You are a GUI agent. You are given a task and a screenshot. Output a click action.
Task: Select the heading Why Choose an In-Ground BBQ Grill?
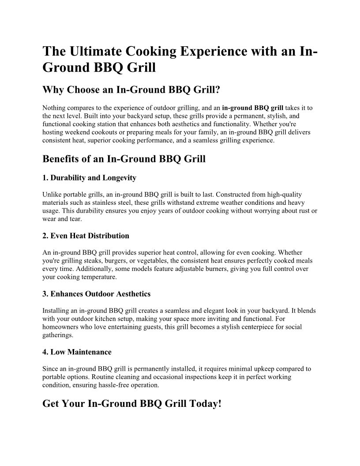point(131,90)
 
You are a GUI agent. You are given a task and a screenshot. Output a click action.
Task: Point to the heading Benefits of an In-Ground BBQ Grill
point(124,158)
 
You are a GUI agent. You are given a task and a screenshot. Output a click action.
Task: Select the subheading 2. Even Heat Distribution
point(86,236)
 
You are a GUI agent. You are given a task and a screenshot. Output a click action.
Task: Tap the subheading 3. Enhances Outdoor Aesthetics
point(96,294)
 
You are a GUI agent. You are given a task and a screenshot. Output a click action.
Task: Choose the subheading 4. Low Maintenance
point(77,352)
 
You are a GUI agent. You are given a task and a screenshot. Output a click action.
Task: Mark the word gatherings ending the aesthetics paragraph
point(58,335)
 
